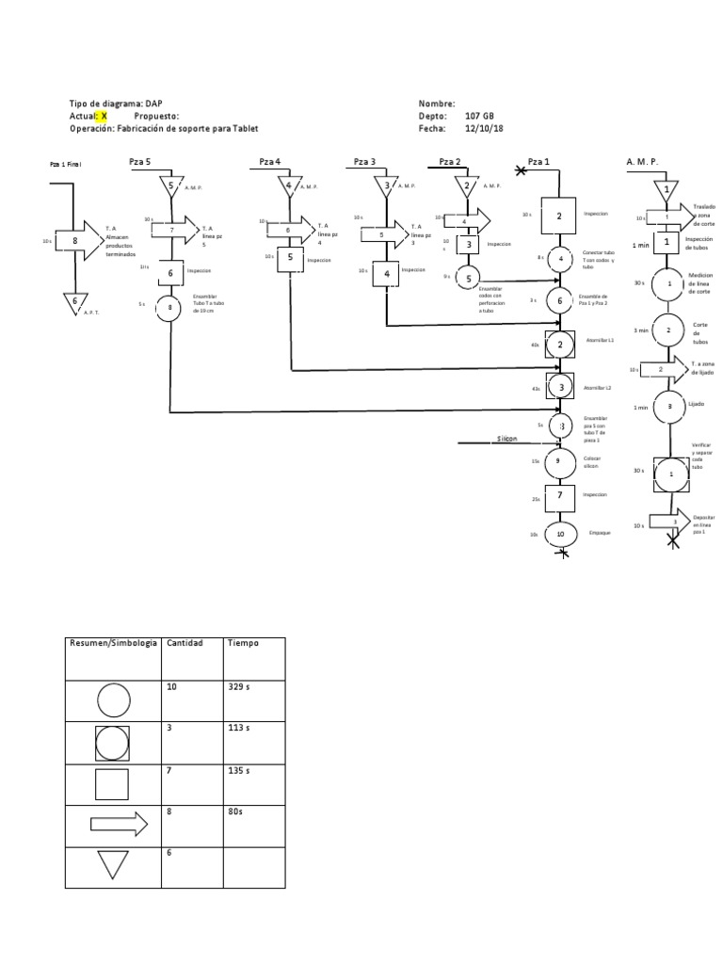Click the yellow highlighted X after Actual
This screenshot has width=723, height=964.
104,116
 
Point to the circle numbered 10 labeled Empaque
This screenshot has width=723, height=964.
560,534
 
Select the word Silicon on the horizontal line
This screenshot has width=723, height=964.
508,439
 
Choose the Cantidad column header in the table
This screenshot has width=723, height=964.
184,642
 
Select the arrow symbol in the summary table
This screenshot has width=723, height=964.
119,825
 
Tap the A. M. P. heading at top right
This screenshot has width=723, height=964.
643,162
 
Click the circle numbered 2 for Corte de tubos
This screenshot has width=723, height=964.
669,330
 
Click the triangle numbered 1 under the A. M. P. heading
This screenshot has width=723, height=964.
667,189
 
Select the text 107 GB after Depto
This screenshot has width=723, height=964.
480,116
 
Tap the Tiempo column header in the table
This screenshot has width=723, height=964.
242,642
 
